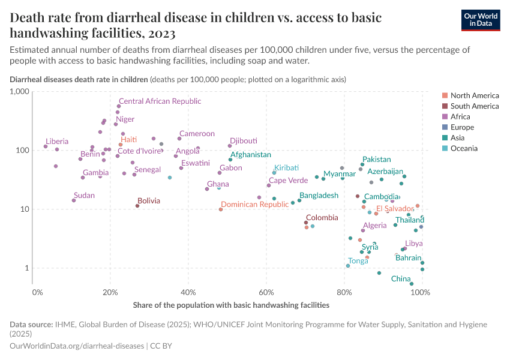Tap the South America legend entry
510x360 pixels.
474,106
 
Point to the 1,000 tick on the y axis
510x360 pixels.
19,92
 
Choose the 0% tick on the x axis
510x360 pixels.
37,292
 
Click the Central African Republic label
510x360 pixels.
160,101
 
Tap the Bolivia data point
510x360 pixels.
137,206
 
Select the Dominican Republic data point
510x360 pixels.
221,209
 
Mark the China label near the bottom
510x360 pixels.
401,279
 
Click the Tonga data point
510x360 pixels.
348,266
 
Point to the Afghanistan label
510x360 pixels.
250,155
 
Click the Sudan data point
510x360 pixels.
74,200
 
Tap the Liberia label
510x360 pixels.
57,142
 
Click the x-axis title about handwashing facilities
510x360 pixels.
231,305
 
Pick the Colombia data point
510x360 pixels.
306,223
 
